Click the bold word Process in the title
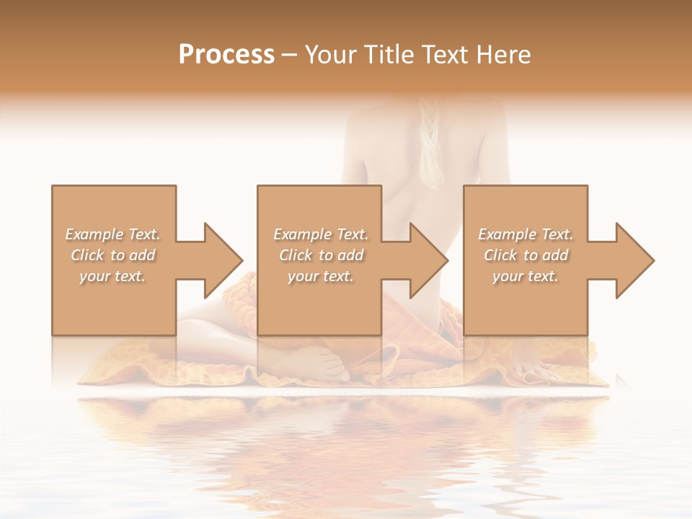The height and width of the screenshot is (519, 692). [226, 55]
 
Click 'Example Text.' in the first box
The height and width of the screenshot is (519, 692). [112, 234]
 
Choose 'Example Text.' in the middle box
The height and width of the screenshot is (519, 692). [321, 234]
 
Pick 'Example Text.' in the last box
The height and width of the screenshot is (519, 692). [525, 234]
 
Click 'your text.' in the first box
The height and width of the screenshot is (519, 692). [112, 276]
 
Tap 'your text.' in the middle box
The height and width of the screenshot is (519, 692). [321, 276]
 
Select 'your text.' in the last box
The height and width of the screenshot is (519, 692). [525, 276]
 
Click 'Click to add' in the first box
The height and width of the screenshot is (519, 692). [112, 255]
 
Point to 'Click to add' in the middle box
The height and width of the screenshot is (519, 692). [321, 255]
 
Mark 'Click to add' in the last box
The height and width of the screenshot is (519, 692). [525, 255]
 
